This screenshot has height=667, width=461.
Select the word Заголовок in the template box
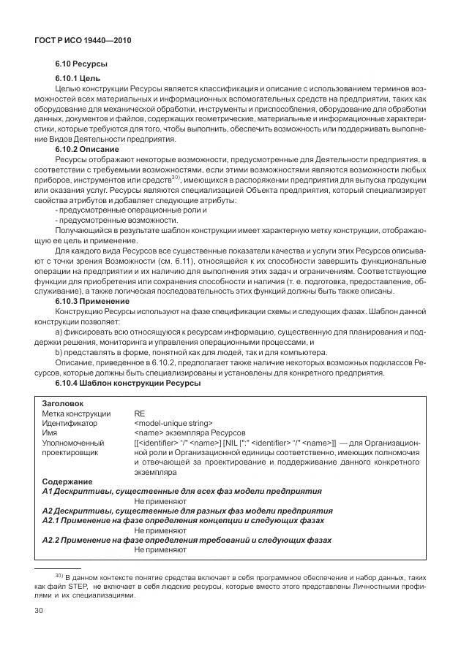63,403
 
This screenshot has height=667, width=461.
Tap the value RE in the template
140,413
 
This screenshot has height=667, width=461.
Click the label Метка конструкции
77,413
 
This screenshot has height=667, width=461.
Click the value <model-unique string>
173,422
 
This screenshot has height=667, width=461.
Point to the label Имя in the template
50,432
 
